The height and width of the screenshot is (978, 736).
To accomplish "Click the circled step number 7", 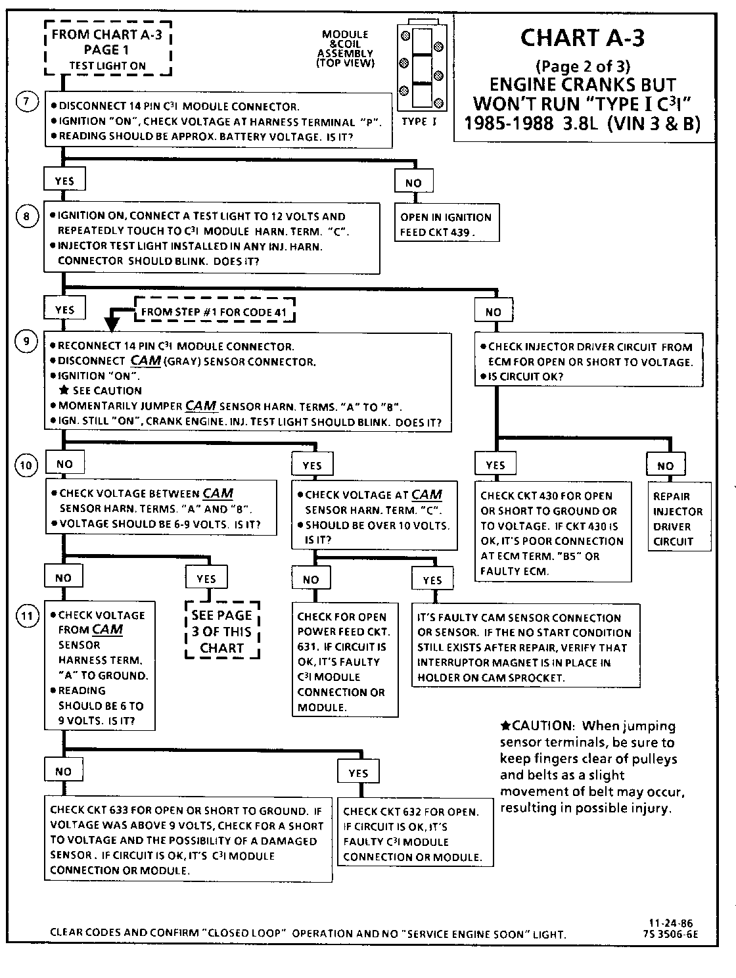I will tap(26, 103).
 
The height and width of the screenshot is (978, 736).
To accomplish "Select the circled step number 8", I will tap(26, 216).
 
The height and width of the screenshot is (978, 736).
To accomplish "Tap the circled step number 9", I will tap(26, 341).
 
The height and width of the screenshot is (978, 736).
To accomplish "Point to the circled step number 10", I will tap(26, 466).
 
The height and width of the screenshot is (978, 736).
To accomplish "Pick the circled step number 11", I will tap(26, 616).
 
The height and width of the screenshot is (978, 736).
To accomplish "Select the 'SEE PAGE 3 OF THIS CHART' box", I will tap(222, 632).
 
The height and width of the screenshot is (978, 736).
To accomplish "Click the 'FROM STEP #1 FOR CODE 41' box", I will tap(214, 312).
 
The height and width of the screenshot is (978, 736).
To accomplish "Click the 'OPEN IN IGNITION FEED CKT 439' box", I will tap(446, 224).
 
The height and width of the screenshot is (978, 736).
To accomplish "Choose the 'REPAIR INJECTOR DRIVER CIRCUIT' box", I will tap(678, 519).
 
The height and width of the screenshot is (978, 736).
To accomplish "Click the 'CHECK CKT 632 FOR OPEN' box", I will tap(415, 833).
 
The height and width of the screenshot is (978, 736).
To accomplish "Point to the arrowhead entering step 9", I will tap(112, 323).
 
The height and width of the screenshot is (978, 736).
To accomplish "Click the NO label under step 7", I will tap(413, 183).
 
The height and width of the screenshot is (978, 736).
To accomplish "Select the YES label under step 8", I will tap(64, 310).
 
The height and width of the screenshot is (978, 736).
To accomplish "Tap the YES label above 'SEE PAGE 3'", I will tap(206, 578).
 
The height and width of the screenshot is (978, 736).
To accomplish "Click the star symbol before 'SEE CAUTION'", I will tap(64, 390).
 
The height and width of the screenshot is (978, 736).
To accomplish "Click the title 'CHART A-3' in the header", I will tap(582, 37).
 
